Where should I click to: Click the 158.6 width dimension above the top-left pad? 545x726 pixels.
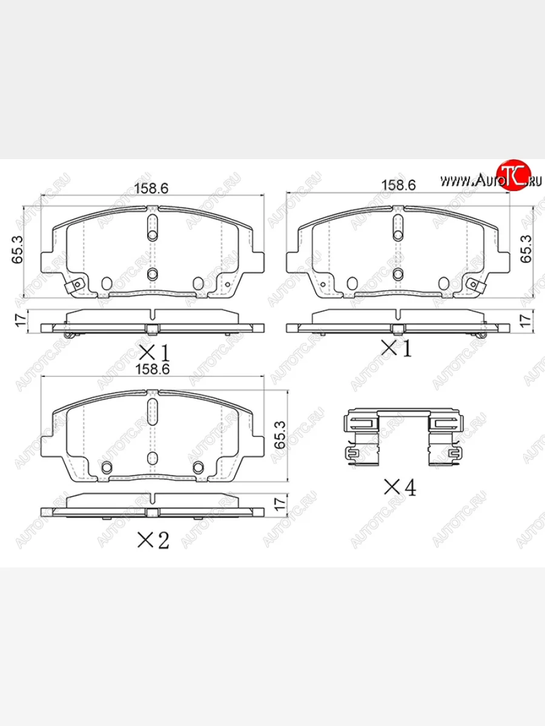click(x=151, y=188)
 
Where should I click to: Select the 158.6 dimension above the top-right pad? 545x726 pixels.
click(x=397, y=186)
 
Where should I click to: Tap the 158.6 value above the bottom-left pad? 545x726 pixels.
click(x=151, y=368)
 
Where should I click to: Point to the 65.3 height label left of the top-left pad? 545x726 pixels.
click(x=18, y=249)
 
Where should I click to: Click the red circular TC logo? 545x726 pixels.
click(x=514, y=176)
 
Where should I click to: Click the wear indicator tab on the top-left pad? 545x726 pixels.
click(x=73, y=287)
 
